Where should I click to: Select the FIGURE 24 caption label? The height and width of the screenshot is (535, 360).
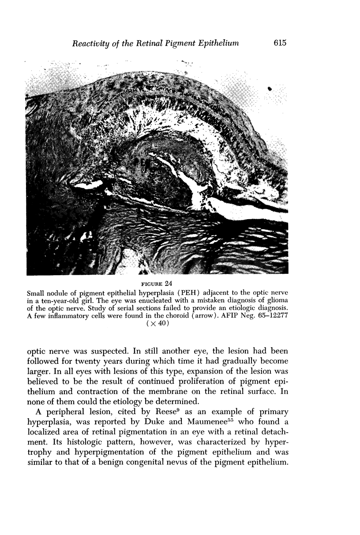tap(157, 282)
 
